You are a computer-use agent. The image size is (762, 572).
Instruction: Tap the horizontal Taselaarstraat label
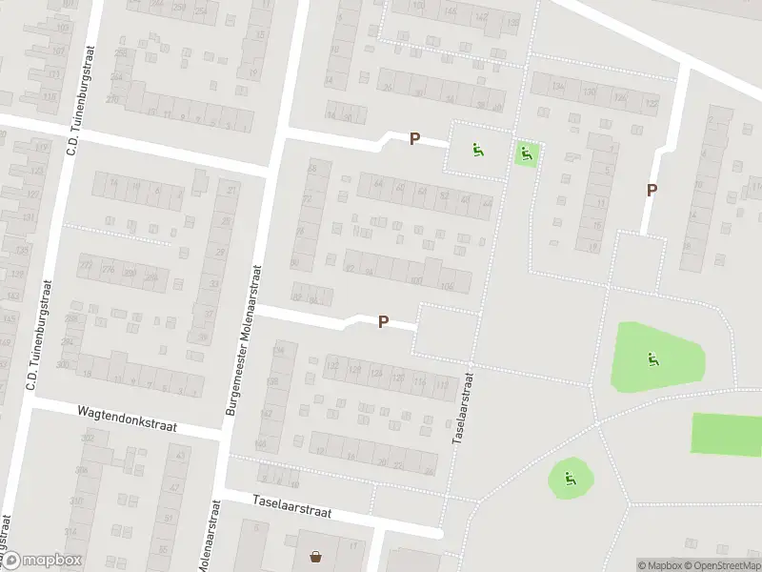291,505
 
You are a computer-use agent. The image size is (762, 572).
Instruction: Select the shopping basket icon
315,556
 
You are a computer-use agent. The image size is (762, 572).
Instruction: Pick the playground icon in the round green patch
570,479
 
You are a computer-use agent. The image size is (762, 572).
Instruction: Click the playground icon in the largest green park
652,359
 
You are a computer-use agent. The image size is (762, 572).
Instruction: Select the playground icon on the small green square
526,151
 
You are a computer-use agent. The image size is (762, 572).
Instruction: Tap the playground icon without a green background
476,149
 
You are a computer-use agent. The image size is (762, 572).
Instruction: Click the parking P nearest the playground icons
414,139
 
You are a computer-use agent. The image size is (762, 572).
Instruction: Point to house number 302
88,439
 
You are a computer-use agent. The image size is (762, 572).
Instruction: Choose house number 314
70,531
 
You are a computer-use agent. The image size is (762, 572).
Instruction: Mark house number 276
108,272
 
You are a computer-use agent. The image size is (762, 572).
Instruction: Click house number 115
49,96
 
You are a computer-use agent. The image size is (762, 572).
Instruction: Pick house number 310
76,500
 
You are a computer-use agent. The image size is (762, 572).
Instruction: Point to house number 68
311,169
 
